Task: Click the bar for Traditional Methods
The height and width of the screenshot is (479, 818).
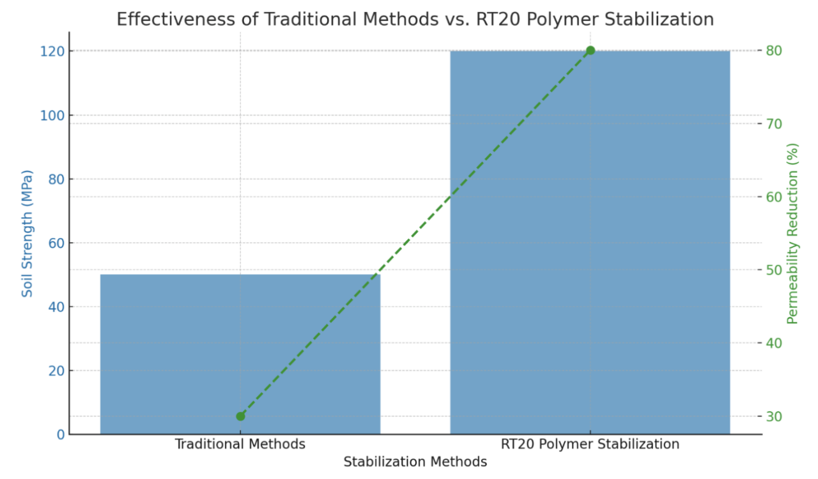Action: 240,354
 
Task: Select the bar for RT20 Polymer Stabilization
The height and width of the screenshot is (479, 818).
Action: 590,243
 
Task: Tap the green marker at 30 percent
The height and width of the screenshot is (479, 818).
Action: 240,416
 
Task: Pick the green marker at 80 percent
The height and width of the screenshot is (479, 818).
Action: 590,50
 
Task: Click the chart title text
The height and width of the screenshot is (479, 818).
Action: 415,19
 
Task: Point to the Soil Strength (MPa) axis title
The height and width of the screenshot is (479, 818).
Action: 27,233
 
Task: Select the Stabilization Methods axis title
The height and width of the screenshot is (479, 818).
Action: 415,462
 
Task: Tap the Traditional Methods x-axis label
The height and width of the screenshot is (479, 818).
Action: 240,444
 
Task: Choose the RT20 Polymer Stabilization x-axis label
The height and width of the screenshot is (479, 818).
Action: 590,444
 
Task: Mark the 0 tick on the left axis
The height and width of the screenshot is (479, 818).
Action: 60,434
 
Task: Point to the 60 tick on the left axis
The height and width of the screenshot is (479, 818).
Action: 55,243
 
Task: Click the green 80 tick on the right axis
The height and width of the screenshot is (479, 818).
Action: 775,50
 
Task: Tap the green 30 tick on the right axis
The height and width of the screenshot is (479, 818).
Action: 775,416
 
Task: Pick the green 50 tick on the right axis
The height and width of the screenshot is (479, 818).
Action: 775,270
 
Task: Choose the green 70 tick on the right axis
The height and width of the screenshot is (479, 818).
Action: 775,123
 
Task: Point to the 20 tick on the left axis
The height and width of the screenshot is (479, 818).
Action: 55,370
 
